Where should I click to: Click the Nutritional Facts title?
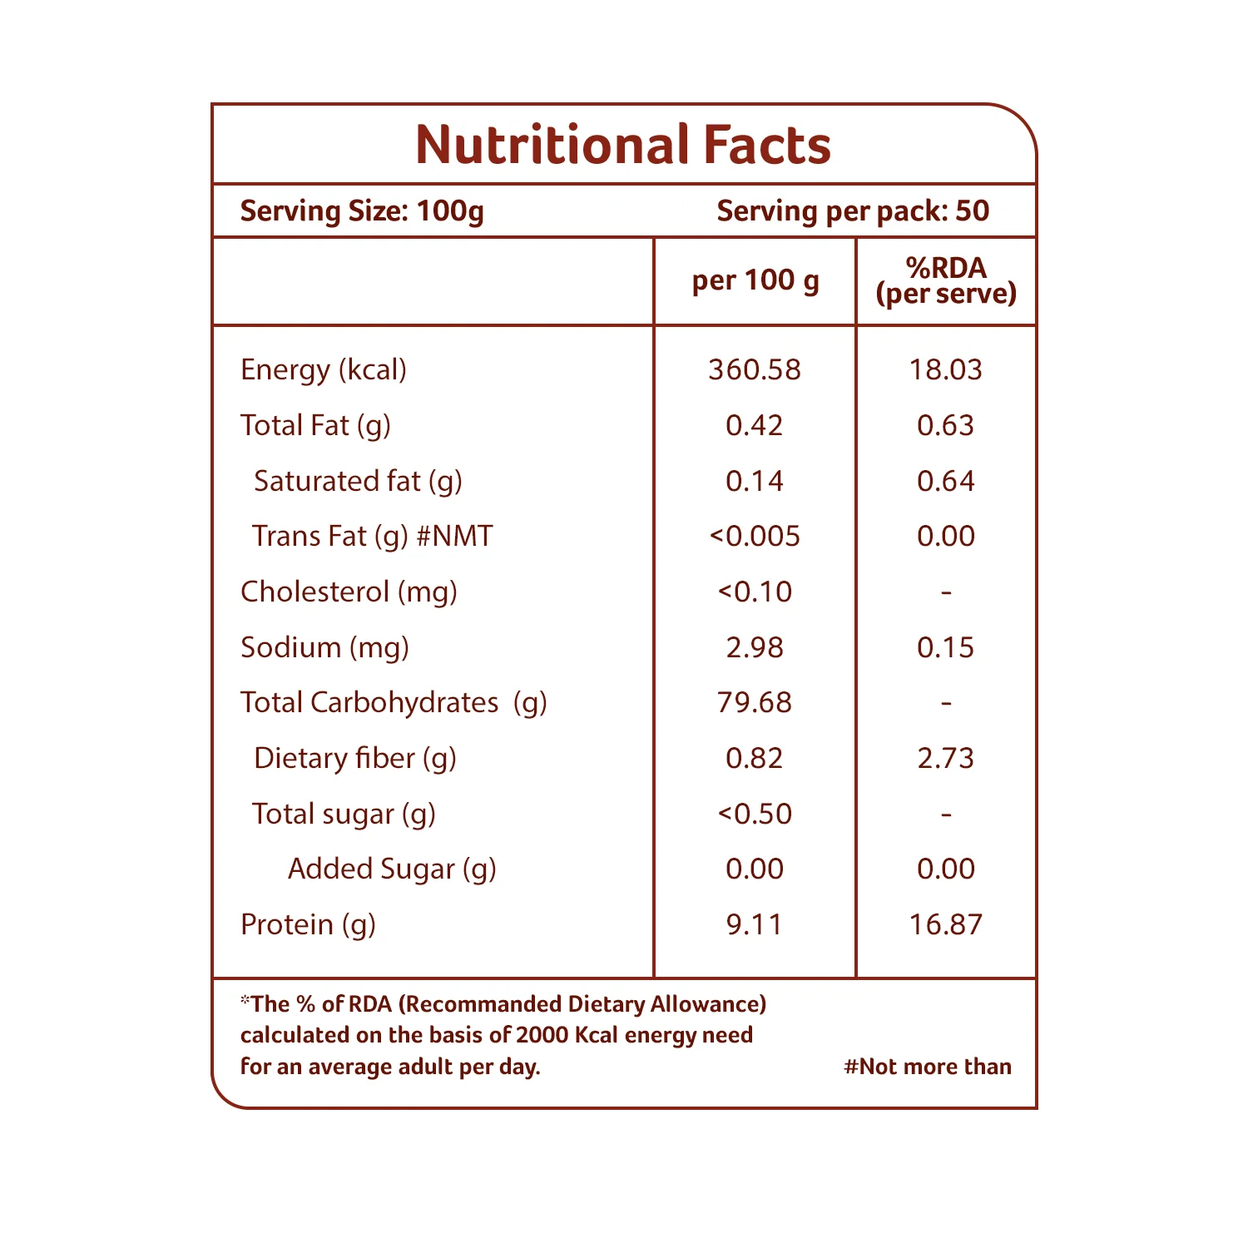(623, 145)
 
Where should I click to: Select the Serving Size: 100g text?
(362, 211)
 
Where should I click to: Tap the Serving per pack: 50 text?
(853, 211)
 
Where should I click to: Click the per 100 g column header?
(755, 281)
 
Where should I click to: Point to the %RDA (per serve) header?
(946, 280)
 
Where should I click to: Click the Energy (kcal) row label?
(324, 369)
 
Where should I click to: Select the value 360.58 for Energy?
(755, 369)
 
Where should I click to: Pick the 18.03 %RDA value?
(946, 369)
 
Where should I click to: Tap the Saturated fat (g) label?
(358, 481)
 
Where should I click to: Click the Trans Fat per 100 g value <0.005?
(755, 536)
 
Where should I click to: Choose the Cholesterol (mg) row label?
(349, 592)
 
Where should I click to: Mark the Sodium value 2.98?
(755, 647)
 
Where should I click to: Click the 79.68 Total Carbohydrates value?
(755, 702)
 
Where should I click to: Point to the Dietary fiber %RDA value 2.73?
(946, 758)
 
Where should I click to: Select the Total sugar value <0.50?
(755, 814)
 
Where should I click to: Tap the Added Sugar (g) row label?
(392, 869)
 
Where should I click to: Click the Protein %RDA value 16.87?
(946, 924)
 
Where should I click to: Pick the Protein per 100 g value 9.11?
(755, 924)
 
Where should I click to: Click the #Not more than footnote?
(928, 1067)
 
